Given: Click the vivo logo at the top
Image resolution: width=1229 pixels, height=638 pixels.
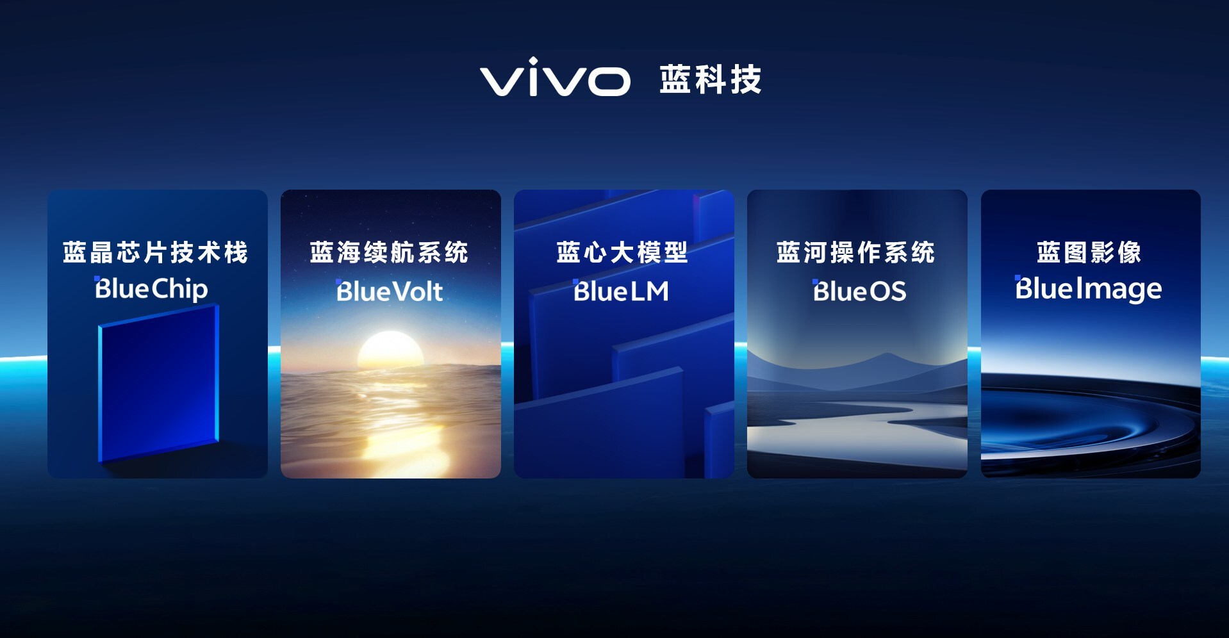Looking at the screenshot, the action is (x=555, y=78).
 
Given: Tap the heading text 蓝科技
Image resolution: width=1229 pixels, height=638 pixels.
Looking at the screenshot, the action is (x=711, y=79).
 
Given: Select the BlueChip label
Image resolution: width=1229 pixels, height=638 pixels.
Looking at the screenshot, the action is (x=151, y=289).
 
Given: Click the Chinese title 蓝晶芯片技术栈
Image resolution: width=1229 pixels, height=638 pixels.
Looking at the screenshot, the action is (x=156, y=252).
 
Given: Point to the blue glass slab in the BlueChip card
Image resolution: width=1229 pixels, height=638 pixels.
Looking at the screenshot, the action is (x=158, y=383).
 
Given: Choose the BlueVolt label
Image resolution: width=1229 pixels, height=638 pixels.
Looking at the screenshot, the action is (x=390, y=291).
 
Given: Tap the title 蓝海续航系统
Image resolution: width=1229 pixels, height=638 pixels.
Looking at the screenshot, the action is (x=390, y=252).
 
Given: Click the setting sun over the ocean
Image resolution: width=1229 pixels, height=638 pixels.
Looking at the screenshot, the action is (x=390, y=349).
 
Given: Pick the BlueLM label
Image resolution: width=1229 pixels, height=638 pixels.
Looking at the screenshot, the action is (x=621, y=291).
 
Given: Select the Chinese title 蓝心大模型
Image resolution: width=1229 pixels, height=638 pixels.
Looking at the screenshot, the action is (x=622, y=252).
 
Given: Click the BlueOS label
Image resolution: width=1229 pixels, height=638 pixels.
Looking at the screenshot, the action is (x=859, y=291).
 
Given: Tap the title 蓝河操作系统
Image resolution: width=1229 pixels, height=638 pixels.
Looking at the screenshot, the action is (x=856, y=252).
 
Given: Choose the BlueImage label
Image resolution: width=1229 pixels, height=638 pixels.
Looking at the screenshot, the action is (x=1089, y=289).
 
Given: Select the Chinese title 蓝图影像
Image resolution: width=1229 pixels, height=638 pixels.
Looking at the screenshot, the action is (x=1089, y=252).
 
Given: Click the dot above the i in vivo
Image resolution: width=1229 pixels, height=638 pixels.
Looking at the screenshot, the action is (x=532, y=61).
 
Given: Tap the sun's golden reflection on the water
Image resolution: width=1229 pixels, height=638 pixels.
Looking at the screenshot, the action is (x=390, y=423).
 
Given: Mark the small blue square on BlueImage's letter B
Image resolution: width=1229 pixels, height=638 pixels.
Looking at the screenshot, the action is (x=1018, y=278).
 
